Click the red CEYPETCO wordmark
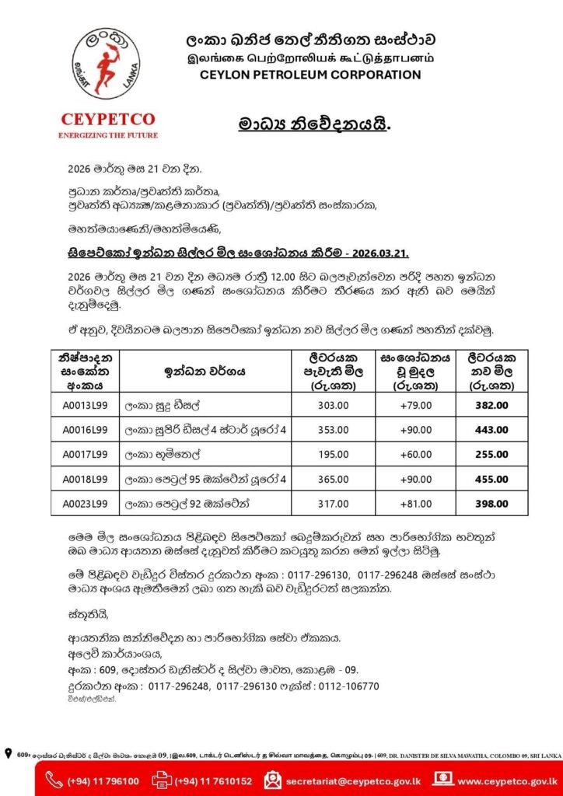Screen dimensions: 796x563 107,120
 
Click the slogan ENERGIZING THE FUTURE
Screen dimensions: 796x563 107,134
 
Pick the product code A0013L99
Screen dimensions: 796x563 86,404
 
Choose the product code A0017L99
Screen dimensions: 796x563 86,454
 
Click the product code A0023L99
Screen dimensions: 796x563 86,504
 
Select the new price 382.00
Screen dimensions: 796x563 491,404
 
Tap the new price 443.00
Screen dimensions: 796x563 491,429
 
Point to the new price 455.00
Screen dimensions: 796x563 491,479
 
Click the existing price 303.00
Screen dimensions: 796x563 334,404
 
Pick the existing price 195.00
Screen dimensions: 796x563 334,454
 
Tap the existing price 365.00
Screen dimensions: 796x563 334,479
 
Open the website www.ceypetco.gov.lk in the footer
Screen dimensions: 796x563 507,780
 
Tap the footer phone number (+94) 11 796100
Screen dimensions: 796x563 103,780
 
